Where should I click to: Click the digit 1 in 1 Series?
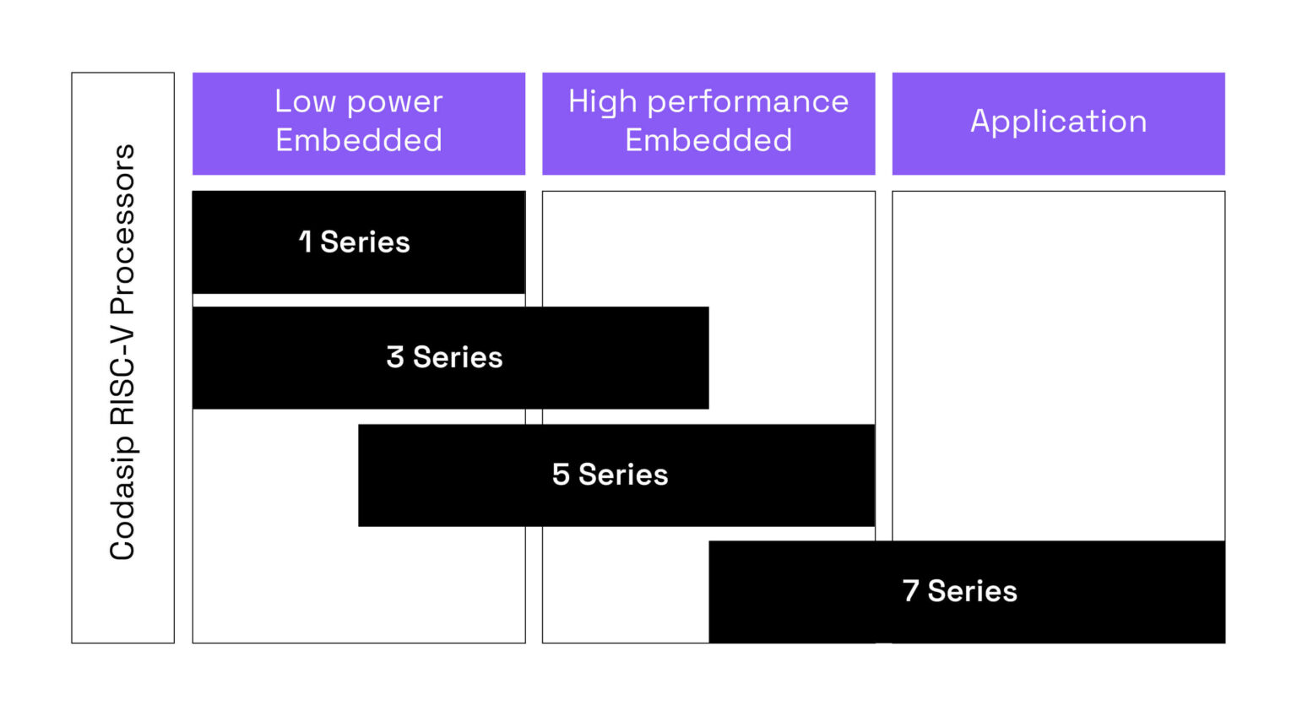pos(306,242)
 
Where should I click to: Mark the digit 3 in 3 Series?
pos(395,357)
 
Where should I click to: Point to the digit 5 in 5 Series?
pos(561,475)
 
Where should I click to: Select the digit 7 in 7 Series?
pos(910,591)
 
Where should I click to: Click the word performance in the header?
pos(747,102)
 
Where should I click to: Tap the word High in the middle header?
pos(602,101)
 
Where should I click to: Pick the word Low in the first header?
pos(305,101)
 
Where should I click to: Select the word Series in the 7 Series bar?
pos(972,591)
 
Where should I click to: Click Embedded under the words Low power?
pos(359,140)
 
